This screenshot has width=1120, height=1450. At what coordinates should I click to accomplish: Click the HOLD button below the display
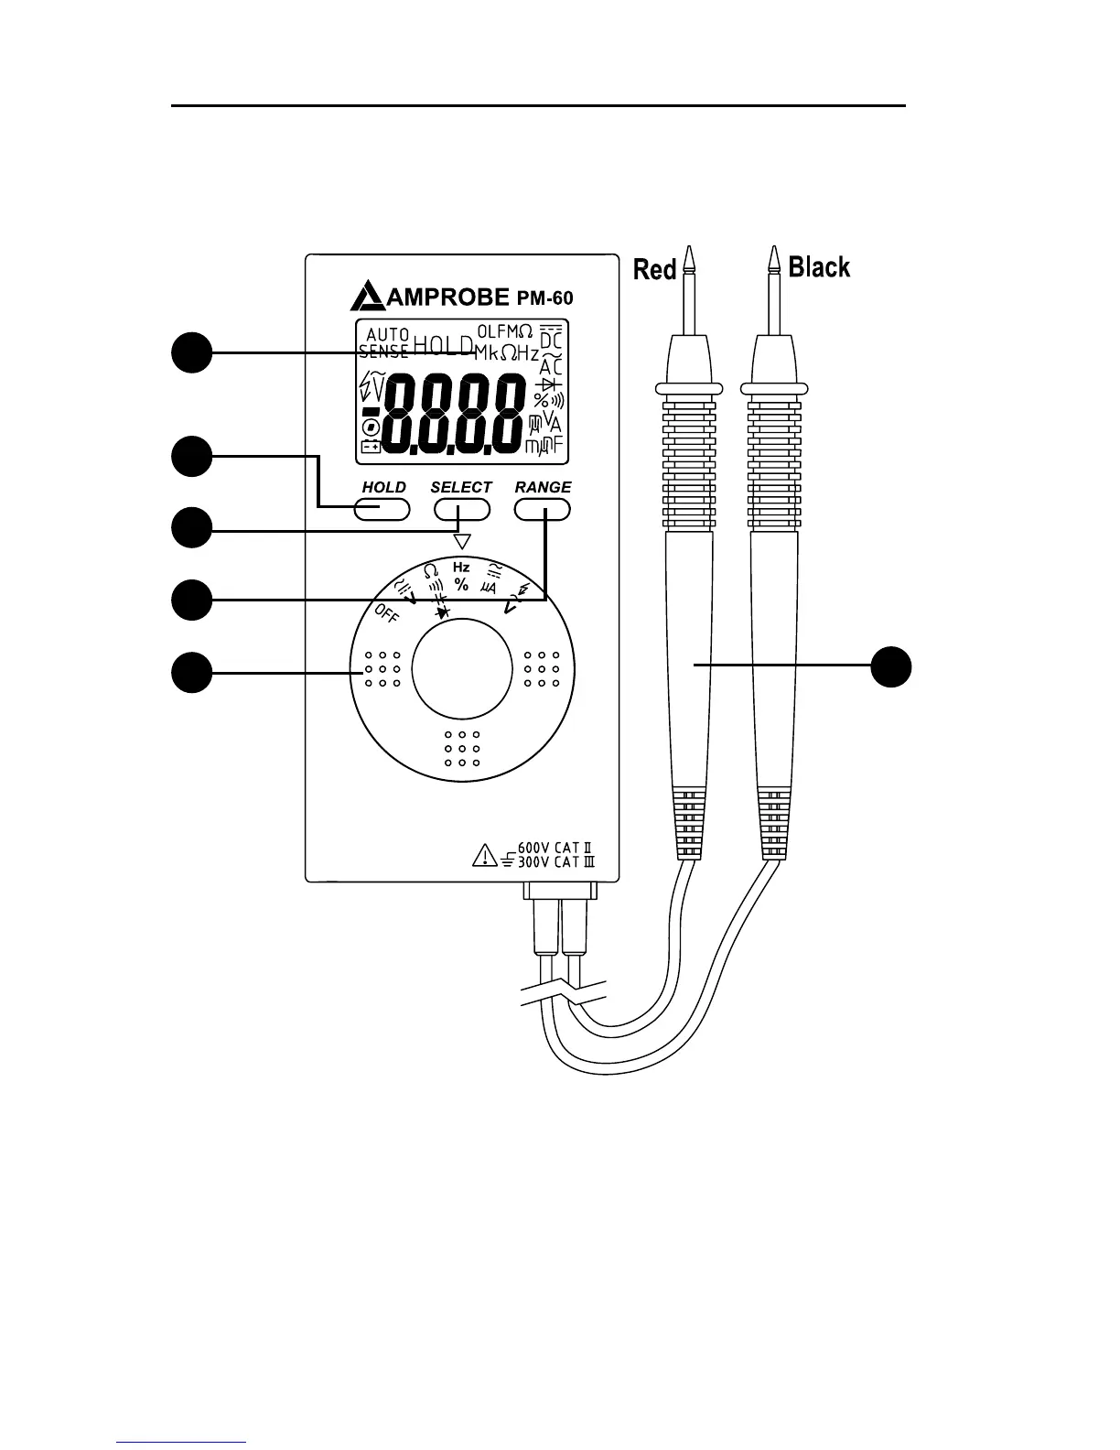pos(382,510)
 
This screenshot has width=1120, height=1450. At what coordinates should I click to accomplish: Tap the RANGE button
pos(543,510)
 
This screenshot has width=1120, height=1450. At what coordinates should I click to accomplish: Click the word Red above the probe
pos(654,269)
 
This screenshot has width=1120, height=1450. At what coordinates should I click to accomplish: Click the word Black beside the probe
pos(819,267)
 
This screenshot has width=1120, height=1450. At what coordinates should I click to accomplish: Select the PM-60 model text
pos(545,298)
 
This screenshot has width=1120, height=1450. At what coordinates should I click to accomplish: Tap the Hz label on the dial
pos(461,568)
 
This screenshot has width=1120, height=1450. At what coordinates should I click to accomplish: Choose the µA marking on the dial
pos(489,586)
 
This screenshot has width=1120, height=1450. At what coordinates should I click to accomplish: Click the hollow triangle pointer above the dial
pos(462,541)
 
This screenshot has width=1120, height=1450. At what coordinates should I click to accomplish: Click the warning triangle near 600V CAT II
pos(482,857)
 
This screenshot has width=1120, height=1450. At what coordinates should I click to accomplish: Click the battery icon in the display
pos(371,447)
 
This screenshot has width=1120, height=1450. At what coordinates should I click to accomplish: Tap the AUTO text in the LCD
pos(387,334)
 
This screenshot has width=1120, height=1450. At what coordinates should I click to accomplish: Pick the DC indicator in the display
pos(551,340)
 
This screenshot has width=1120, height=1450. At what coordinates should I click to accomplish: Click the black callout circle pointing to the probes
pos(890,666)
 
